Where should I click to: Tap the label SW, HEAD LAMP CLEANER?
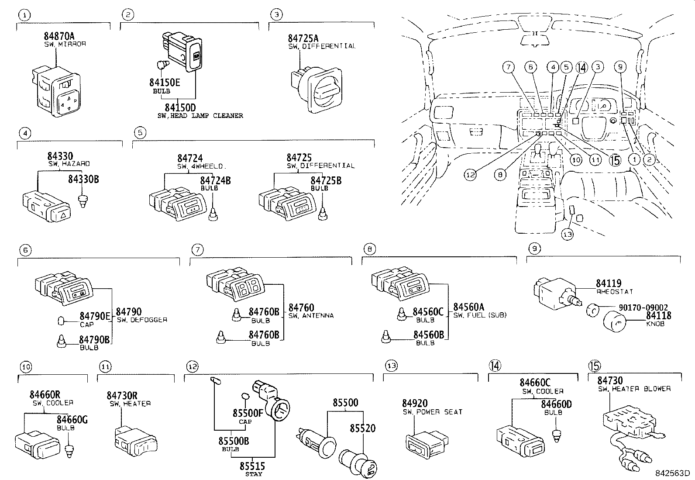point(200,116)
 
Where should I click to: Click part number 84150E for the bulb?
point(165,82)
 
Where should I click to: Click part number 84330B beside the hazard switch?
point(83,179)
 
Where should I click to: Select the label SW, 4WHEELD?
point(202,166)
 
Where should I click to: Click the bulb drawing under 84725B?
point(323,213)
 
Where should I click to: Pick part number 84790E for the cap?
point(95,315)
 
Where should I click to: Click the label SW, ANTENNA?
point(311,315)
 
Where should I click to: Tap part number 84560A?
point(468,307)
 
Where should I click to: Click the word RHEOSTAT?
point(614,291)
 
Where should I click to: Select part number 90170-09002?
point(643,307)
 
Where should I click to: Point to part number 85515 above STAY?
point(252,466)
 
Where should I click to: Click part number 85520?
point(362,428)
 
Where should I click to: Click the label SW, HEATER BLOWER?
point(634,389)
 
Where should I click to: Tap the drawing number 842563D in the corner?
point(671,473)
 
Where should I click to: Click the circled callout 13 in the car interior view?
point(567,234)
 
